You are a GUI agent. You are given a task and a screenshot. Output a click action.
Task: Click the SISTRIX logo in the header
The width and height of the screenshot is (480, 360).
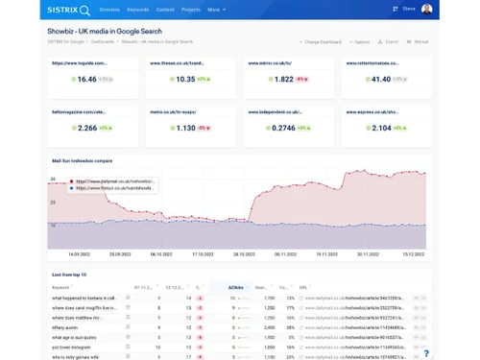click(x=68, y=10)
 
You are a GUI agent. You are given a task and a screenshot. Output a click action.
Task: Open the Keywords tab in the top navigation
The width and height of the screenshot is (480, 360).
click(x=137, y=10)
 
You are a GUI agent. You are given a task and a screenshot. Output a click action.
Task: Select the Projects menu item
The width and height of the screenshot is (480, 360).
click(x=191, y=10)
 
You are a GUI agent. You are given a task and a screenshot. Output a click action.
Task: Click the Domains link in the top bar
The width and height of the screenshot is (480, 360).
click(x=109, y=10)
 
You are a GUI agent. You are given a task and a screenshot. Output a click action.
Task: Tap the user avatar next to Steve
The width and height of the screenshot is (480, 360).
click(x=426, y=10)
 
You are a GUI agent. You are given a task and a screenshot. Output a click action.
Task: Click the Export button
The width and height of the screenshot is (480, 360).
click(x=389, y=42)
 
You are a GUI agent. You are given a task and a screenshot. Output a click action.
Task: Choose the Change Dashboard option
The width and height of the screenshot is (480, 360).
click(x=321, y=42)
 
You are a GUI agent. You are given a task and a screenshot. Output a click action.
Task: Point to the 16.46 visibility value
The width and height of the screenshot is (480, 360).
click(x=86, y=80)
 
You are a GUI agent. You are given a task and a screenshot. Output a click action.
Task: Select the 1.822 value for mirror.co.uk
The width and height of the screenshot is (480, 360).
click(x=283, y=80)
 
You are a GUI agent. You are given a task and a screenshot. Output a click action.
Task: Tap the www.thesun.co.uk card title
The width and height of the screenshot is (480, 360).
click(x=177, y=63)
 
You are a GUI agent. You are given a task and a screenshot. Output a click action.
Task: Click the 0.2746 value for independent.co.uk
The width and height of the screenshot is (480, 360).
click(x=283, y=128)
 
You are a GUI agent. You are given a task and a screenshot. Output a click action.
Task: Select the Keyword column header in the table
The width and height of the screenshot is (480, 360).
click(x=60, y=287)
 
